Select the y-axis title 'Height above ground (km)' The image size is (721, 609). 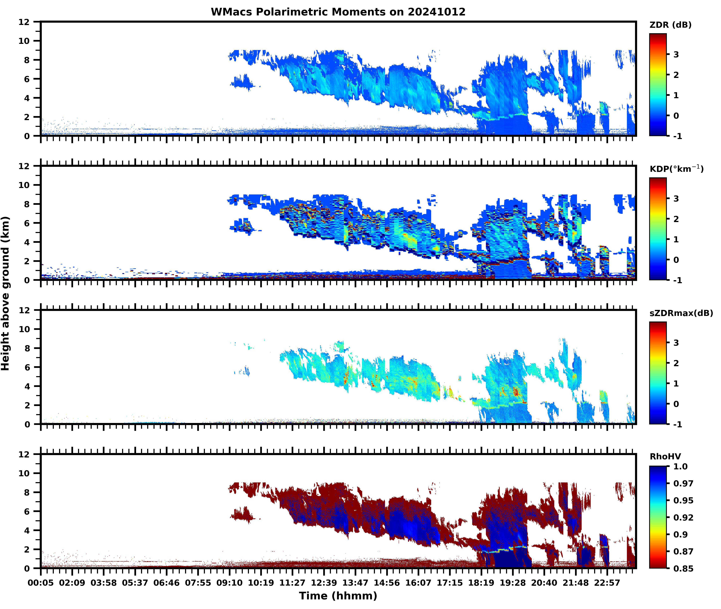coord(6,293)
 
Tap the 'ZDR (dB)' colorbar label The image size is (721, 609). coord(670,25)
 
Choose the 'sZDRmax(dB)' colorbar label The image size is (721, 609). coord(681,313)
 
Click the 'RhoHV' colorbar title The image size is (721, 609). coord(665,456)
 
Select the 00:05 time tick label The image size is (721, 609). coord(41,583)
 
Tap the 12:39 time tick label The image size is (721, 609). coord(324,583)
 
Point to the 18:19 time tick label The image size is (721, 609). coord(481,583)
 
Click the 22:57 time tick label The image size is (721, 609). coord(607,583)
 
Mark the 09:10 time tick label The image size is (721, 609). coord(230,583)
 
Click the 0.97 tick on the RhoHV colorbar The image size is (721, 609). coord(683,483)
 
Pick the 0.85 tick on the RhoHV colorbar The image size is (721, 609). coord(683,568)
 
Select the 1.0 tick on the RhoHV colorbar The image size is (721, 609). coord(680,466)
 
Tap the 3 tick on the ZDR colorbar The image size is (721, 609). coord(676,55)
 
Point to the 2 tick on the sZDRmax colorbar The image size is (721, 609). coord(676,363)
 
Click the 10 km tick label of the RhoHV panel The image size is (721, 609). coord(24,473)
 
